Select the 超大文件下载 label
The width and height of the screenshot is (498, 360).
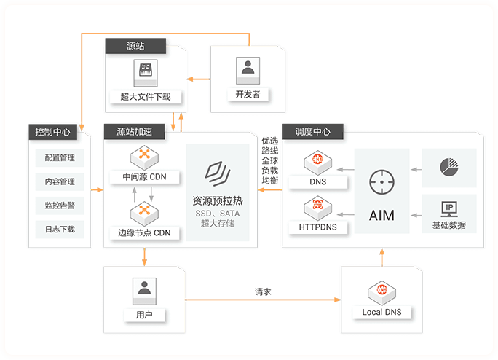coord(146,95)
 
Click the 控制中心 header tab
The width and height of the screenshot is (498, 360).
coord(53,132)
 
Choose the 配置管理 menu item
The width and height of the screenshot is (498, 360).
coord(60,157)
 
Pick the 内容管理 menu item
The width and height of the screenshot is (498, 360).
coord(60,181)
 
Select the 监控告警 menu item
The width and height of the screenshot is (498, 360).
coord(60,206)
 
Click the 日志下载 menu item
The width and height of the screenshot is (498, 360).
coord(60,230)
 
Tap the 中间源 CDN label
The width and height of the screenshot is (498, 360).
coord(144,177)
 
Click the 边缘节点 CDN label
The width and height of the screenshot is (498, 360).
coord(144,233)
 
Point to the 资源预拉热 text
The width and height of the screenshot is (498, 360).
coord(217,200)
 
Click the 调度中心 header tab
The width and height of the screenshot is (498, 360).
coord(313,132)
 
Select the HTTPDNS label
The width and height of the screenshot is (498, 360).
coord(317,227)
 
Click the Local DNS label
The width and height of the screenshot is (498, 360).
coord(382,313)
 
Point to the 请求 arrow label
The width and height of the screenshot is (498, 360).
coord(263,291)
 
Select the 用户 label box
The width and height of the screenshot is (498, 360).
coord(144,316)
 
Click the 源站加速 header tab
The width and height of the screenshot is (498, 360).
coord(135,132)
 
